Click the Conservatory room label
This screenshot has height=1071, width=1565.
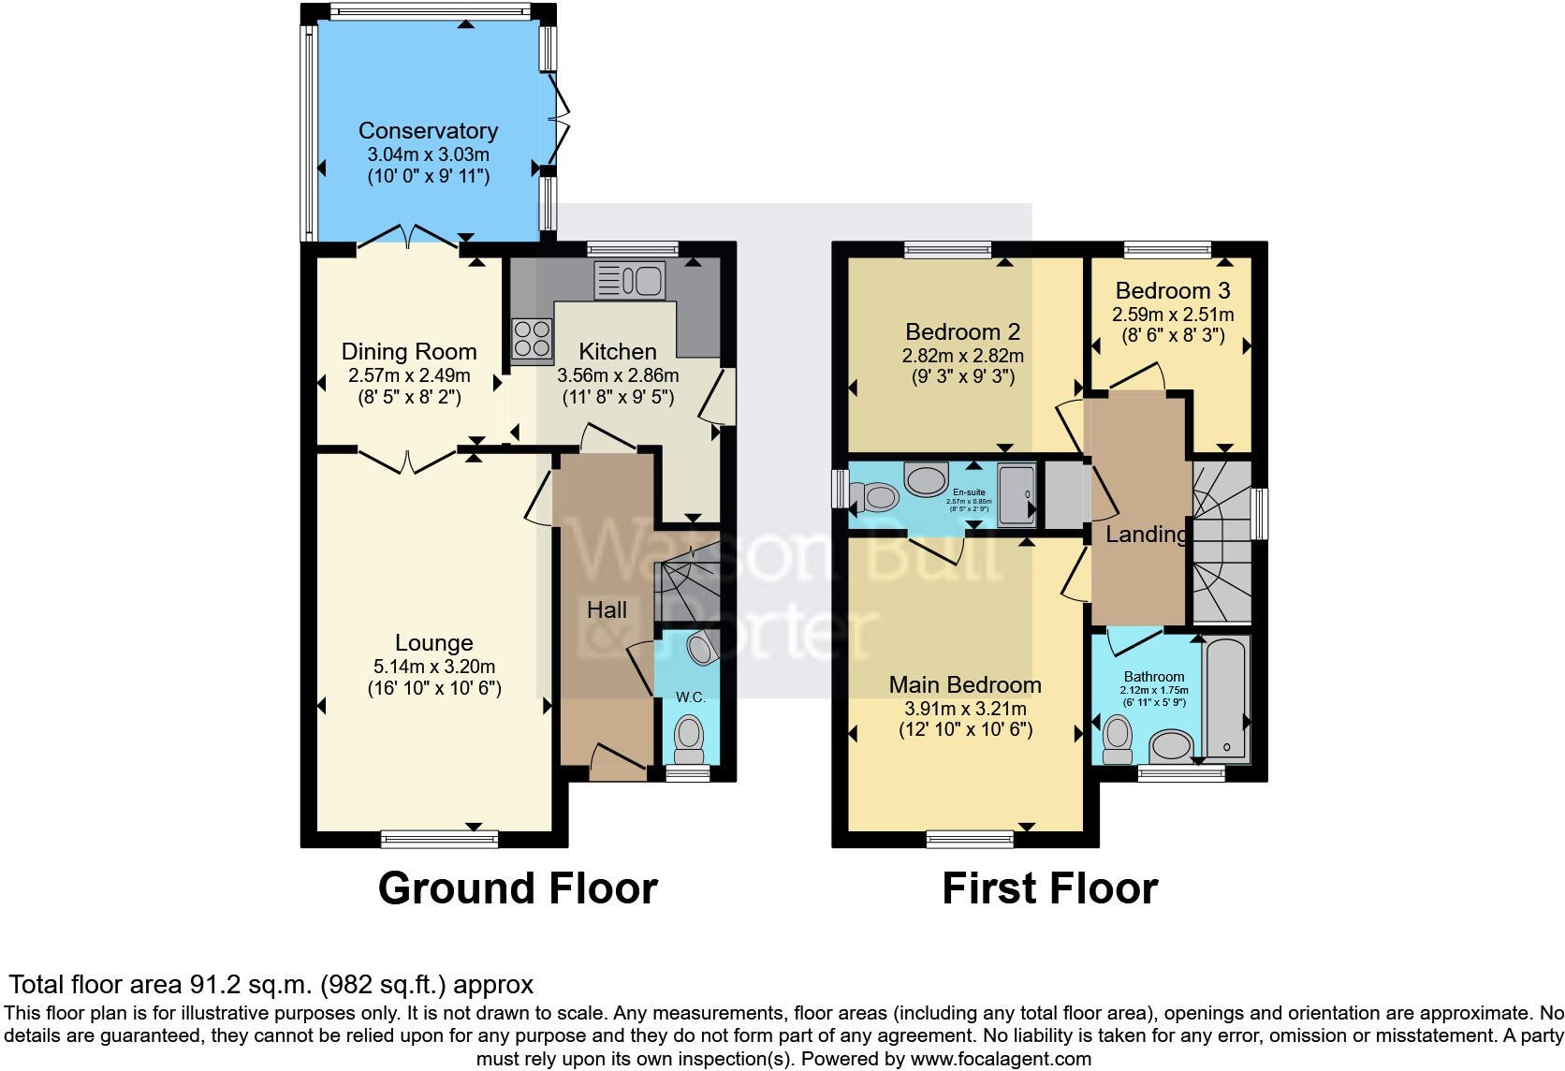428,131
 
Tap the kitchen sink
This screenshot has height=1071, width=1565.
629,280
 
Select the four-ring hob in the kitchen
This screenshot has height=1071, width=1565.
532,338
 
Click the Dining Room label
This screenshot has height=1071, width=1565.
409,352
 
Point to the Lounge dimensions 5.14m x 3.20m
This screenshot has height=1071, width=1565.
433,667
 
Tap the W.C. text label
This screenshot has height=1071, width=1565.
690,697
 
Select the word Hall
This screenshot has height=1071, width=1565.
607,610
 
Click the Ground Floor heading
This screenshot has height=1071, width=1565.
518,888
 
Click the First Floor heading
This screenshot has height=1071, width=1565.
1049,888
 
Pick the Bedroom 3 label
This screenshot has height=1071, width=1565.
1172,290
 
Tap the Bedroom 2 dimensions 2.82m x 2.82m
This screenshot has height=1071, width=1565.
962,356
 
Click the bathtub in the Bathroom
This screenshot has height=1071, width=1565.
1226,697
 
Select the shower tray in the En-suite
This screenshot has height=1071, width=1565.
1017,493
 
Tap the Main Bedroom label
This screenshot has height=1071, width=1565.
965,685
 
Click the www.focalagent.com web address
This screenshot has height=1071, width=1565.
1001,1059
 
